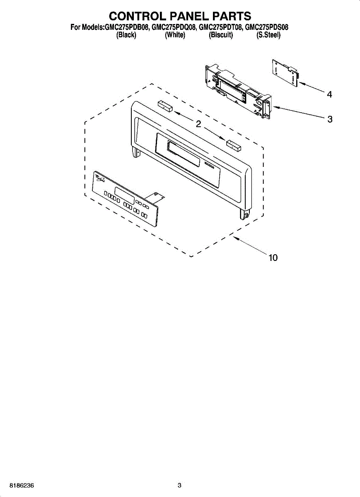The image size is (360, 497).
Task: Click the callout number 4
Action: pyautogui.click(x=329, y=95)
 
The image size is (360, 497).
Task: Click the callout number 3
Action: pyautogui.click(x=330, y=119)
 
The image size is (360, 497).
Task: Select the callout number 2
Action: pyautogui.click(x=198, y=124)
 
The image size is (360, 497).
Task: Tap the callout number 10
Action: pyautogui.click(x=273, y=258)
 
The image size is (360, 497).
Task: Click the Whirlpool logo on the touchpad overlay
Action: pyautogui.click(x=100, y=179)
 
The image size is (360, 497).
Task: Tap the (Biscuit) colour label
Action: pyautogui.click(x=221, y=35)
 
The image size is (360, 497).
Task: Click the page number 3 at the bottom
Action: pyautogui.click(x=179, y=485)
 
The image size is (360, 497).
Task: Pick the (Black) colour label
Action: pyautogui.click(x=126, y=35)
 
